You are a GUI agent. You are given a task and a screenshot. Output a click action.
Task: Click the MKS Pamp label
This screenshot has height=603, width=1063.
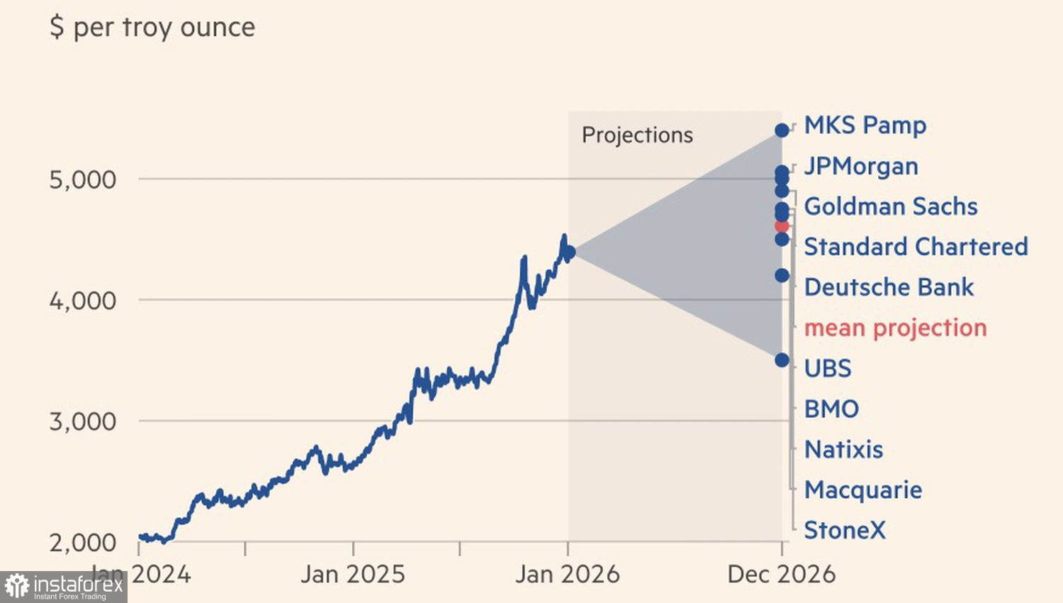tap(865, 126)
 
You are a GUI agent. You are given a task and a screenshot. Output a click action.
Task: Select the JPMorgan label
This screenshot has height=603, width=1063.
tap(861, 166)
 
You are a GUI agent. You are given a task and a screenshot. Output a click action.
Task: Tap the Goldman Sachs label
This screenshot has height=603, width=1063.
tap(891, 206)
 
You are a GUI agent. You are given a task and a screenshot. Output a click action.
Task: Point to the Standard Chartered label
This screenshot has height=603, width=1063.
tap(916, 247)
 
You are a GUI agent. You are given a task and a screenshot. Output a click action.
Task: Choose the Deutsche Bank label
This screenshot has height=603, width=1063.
tap(889, 287)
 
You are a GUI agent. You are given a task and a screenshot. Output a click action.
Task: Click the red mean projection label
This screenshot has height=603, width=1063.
tap(895, 328)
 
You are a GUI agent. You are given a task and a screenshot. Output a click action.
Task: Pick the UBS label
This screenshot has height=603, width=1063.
tap(828, 368)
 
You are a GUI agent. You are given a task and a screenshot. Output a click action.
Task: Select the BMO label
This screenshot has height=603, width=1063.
tap(831, 409)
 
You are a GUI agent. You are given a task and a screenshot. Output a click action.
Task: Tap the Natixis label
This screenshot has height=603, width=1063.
tap(843, 449)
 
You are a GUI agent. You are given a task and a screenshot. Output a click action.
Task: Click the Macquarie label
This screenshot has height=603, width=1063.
tap(863, 489)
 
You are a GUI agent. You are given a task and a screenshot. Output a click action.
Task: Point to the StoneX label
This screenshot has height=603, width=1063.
tap(845, 530)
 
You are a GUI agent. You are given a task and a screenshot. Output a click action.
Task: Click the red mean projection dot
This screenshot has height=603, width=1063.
tap(782, 226)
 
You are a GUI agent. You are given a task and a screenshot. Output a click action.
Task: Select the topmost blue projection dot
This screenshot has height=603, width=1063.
tap(782, 131)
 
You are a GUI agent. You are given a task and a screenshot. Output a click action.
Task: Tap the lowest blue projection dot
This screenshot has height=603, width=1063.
tap(782, 360)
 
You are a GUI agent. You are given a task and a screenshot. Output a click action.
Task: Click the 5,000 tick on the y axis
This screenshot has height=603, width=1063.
tap(82, 179)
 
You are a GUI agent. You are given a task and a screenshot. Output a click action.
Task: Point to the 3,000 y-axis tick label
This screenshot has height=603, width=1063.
tap(82, 421)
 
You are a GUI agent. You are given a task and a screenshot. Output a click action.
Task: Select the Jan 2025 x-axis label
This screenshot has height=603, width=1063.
tap(352, 574)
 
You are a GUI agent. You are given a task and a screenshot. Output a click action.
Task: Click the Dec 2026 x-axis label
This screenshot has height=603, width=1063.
tap(782, 574)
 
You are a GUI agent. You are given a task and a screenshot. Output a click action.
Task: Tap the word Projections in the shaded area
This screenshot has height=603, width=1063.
tap(637, 135)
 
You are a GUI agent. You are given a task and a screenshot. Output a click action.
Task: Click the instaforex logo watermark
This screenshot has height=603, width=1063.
tap(64, 587)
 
